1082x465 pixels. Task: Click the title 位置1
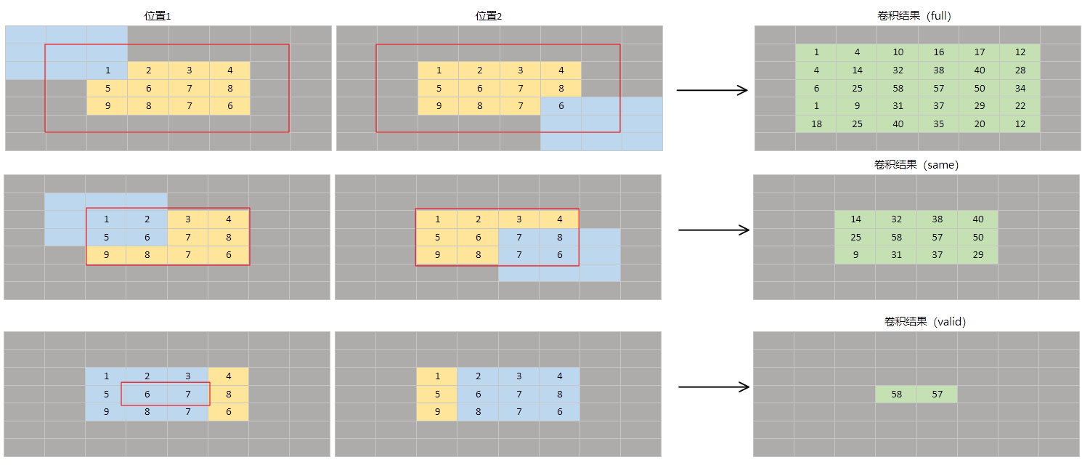click(x=158, y=16)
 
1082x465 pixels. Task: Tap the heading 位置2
click(x=488, y=16)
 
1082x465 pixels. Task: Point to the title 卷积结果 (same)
click(x=916, y=165)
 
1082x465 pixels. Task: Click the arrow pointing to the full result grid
click(x=712, y=90)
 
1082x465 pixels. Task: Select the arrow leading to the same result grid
click(x=713, y=230)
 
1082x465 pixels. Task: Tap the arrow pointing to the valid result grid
click(x=713, y=387)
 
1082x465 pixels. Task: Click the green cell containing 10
click(x=898, y=52)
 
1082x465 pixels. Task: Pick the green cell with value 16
click(x=938, y=52)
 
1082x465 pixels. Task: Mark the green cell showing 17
click(x=979, y=52)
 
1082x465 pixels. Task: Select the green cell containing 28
click(x=1020, y=70)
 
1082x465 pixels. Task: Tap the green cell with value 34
click(x=1020, y=89)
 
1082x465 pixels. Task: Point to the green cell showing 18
click(x=816, y=124)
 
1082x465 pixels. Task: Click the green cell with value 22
click(x=1020, y=106)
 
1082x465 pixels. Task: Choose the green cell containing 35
click(x=938, y=124)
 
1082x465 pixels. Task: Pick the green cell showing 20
click(x=979, y=124)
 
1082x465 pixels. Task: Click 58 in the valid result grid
click(x=896, y=395)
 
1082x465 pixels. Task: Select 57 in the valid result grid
click(x=937, y=395)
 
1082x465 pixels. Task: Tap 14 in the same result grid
click(x=855, y=219)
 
